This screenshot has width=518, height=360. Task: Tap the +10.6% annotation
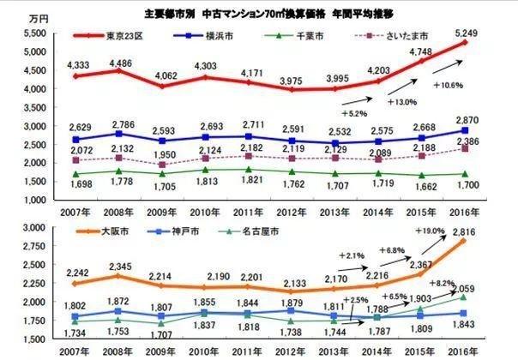(449, 85)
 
